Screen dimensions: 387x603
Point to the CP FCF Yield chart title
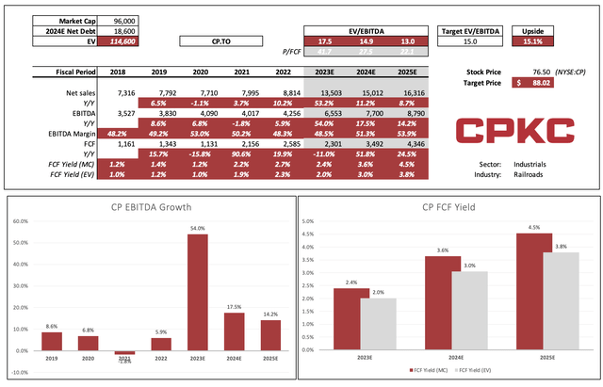[x=446, y=208]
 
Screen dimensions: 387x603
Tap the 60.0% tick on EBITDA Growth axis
[x=21, y=221]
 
